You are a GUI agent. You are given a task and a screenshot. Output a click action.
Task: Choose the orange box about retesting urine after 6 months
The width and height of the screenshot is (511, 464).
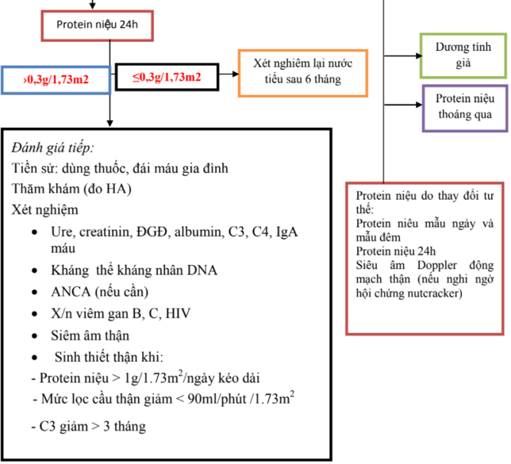302,72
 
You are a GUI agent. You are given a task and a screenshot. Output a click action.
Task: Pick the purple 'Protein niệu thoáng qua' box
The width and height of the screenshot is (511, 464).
463,107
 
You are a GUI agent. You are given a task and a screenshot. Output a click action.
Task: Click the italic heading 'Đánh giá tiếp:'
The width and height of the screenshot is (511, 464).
53,148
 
